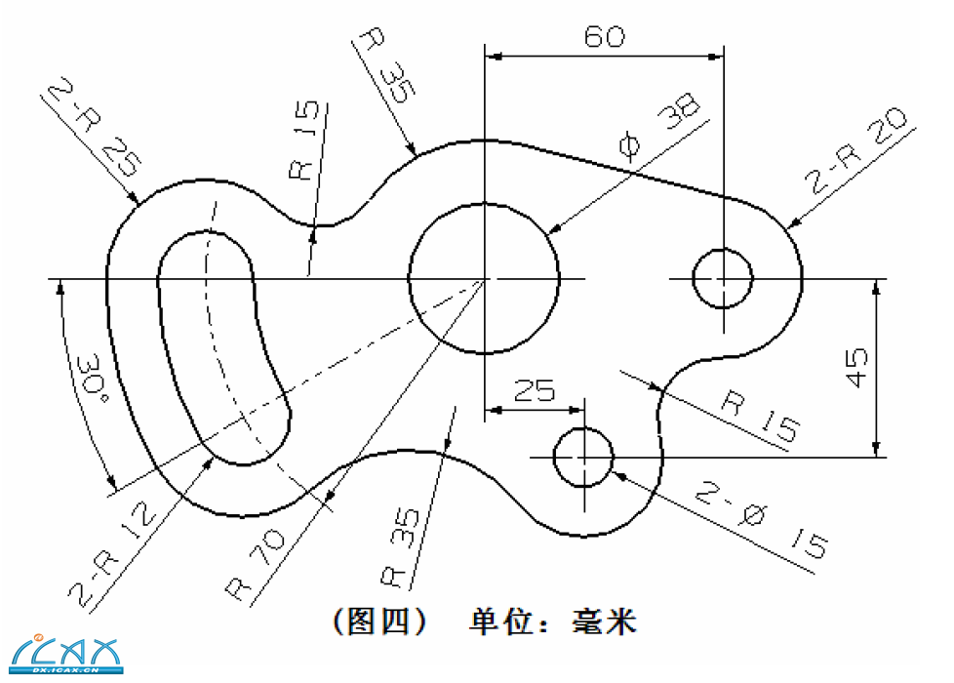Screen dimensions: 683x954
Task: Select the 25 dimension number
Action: pos(534,392)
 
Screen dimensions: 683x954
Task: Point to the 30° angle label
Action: pos(90,383)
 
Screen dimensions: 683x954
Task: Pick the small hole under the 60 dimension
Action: pos(723,279)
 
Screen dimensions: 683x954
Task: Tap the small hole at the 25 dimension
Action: pos(583,456)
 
